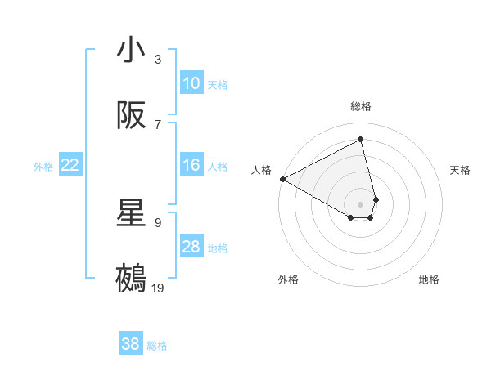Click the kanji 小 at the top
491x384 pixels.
click(x=131, y=51)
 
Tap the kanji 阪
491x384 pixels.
click(x=131, y=116)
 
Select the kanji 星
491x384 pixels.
click(x=131, y=214)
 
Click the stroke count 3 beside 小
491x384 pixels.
click(x=158, y=59)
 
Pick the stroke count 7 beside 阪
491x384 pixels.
click(x=158, y=124)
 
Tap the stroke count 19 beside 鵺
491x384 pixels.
click(x=158, y=288)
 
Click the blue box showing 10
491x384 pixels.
click(x=191, y=83)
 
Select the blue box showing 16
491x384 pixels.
click(x=191, y=165)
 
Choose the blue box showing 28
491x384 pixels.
click(x=191, y=247)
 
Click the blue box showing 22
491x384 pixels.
click(x=70, y=165)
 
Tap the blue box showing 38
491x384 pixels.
click(x=131, y=344)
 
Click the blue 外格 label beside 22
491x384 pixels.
click(x=43, y=167)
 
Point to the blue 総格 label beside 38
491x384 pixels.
click(x=157, y=346)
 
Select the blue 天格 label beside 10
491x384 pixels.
click(x=218, y=85)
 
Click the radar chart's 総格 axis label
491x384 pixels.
click(x=361, y=106)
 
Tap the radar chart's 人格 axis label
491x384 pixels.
click(x=262, y=170)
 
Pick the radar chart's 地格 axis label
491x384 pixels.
click(x=429, y=279)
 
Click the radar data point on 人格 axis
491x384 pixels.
click(x=282, y=179)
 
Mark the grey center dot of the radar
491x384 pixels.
click(x=361, y=203)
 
